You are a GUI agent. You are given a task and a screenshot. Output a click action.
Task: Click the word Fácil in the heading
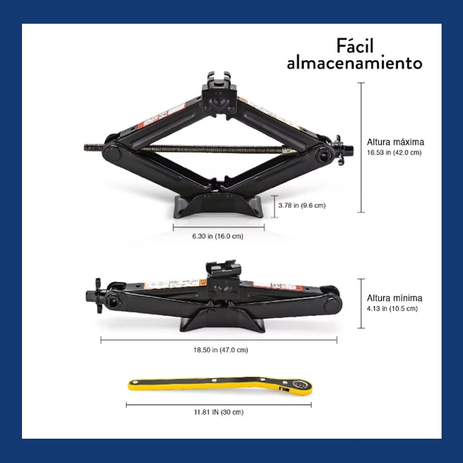point(355,46)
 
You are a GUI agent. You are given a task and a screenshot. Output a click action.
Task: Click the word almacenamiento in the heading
point(355,63)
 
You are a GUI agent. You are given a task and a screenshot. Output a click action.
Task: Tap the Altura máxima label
point(395,142)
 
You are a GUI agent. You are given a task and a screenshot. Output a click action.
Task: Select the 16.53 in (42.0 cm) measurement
point(394,153)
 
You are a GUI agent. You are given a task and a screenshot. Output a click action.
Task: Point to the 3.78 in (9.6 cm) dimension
point(302,205)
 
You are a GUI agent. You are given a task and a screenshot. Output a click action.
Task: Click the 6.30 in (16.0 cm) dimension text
point(218,236)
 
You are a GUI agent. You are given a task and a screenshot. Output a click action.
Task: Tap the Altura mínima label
point(395,298)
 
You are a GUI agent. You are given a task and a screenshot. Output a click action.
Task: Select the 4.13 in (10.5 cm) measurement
point(392,308)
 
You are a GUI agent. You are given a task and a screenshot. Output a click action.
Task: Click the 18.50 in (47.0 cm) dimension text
point(221,350)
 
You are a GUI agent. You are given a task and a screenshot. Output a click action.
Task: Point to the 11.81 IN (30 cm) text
point(219,412)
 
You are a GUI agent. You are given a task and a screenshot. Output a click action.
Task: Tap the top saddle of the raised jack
point(219,84)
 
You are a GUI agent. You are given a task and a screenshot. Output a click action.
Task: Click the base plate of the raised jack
point(218,206)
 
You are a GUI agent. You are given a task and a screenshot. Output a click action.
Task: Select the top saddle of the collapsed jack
point(223,269)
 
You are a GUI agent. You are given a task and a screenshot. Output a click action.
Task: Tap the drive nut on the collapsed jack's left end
point(95,295)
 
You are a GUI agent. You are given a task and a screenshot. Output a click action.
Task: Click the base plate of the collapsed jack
point(222,321)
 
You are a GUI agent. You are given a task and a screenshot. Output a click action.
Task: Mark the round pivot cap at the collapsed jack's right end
point(331,306)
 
